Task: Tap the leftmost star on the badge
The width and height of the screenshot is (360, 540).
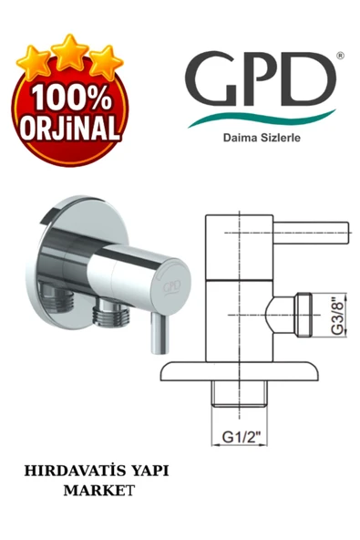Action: (x=35, y=62)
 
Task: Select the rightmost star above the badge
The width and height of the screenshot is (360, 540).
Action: (x=105, y=61)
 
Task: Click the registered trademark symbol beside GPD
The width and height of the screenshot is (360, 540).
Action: (x=340, y=56)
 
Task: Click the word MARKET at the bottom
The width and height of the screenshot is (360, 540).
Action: (x=100, y=491)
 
